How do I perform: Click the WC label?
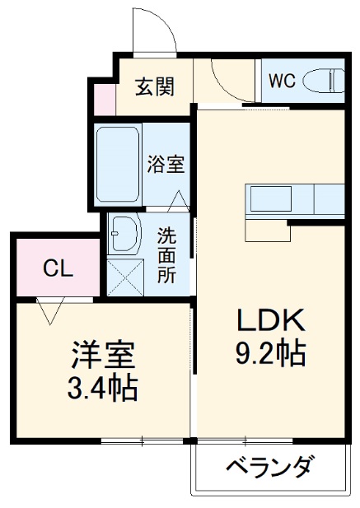tap(281, 82)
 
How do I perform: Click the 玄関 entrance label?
tap(154, 86)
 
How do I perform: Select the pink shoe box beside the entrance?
tap(104, 98)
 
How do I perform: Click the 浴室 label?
tap(166, 163)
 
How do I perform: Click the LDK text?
tap(272, 320)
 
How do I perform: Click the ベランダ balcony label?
tap(269, 468)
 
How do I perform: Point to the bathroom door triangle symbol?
tap(178, 200)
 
